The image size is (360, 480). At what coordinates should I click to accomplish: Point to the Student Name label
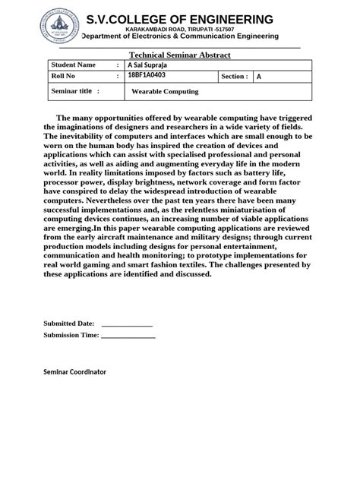click(74, 65)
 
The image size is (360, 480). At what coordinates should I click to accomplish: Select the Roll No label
click(63, 77)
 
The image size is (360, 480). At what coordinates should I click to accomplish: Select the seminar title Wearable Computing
click(165, 91)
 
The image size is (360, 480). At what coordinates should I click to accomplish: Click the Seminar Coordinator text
click(75, 372)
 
